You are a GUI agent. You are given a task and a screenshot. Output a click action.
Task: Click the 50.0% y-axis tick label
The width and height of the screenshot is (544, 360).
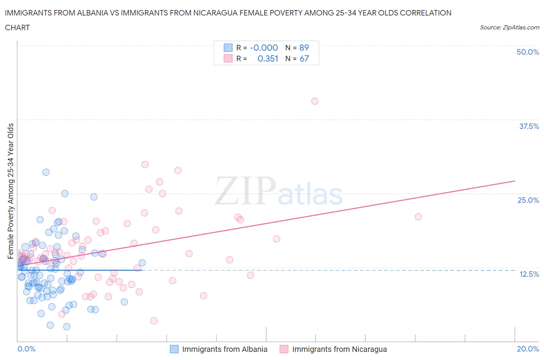[x=528, y=52]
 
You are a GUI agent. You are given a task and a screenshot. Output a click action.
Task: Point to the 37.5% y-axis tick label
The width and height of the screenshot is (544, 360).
[x=529, y=126]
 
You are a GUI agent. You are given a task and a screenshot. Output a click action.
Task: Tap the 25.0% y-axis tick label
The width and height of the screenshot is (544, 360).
[x=528, y=200]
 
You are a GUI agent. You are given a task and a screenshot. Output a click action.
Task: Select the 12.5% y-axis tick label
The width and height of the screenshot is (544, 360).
[x=529, y=274]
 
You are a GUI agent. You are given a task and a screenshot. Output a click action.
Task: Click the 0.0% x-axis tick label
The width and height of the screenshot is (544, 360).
[x=27, y=349]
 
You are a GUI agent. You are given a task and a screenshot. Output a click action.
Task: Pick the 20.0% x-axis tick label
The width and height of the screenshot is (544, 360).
[x=528, y=349]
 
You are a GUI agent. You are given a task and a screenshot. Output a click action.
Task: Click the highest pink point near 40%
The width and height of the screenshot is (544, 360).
[x=315, y=101]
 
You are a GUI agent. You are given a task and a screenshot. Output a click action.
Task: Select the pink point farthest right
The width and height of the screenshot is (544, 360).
[x=418, y=217]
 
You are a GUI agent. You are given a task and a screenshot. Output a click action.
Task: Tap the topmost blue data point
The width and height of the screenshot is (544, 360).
[x=46, y=172]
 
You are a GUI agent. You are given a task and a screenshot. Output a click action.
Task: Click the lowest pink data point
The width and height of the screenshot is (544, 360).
[x=154, y=321]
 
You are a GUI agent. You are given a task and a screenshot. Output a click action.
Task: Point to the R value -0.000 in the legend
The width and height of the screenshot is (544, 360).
[x=264, y=48]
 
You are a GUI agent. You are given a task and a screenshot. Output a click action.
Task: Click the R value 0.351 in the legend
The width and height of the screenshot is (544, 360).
[x=268, y=58]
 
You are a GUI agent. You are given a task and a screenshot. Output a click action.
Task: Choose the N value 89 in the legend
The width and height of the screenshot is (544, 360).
[x=304, y=48]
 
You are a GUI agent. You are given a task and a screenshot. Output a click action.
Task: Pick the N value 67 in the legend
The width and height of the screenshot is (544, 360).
[x=304, y=58]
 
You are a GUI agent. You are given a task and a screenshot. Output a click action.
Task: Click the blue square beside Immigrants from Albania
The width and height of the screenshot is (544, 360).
[x=174, y=349]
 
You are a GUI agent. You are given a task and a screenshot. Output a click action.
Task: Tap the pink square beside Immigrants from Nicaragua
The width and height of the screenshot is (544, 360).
[x=284, y=349]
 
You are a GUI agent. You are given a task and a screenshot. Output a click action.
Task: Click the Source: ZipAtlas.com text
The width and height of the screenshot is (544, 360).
[x=509, y=27]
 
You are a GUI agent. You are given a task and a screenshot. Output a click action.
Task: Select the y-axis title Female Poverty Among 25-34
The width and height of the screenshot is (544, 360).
[x=10, y=191]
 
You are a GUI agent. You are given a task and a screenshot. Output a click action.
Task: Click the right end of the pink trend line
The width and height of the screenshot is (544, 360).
[x=515, y=181]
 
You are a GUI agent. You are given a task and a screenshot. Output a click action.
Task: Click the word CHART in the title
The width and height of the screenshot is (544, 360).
[x=17, y=27]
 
